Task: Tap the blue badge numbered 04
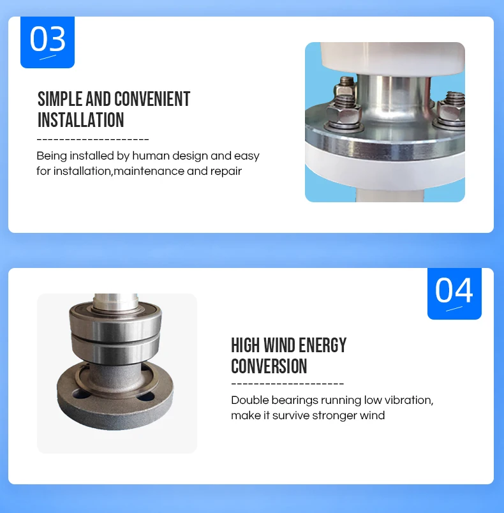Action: [454, 292]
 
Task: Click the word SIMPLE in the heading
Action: [60, 100]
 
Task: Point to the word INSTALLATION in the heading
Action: [81, 120]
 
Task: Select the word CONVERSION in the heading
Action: [269, 366]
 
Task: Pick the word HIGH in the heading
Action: [246, 346]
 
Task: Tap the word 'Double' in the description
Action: [250, 400]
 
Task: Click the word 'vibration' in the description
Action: [408, 400]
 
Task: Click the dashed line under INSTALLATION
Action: [93, 139]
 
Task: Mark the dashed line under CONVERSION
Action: [287, 384]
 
